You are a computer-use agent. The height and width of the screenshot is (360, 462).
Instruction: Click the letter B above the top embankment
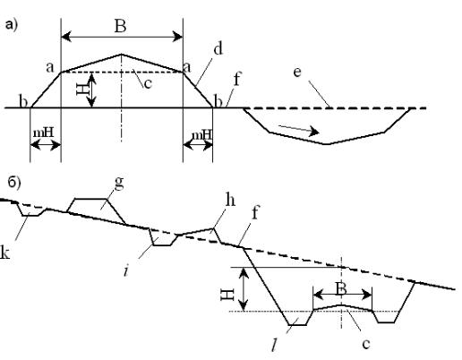click(120, 26)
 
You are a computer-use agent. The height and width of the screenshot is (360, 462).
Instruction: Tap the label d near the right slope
click(218, 48)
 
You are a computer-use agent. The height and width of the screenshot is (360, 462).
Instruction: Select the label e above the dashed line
click(297, 73)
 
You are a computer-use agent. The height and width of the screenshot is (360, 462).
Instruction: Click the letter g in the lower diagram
click(119, 183)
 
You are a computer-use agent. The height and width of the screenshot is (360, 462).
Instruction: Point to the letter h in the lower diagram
click(230, 200)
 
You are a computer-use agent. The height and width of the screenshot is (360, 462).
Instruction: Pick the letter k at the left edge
click(4, 253)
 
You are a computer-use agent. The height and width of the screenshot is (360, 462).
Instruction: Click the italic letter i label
click(126, 270)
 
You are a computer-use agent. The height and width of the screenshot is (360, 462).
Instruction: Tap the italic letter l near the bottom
click(274, 346)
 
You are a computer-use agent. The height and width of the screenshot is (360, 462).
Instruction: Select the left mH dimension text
click(43, 133)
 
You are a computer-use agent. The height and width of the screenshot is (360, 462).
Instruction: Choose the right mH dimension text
click(201, 134)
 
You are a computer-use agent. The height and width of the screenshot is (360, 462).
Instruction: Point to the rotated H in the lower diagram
click(227, 295)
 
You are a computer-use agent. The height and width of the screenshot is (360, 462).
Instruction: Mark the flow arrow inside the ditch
click(299, 130)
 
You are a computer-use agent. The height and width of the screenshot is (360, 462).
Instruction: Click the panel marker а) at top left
click(12, 24)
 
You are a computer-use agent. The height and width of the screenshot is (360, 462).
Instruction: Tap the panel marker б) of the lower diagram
click(14, 183)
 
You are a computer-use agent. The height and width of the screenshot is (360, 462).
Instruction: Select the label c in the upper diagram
click(148, 83)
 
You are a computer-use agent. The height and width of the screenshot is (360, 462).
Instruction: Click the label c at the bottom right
click(366, 344)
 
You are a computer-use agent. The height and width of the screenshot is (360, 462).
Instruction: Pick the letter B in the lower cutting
click(341, 288)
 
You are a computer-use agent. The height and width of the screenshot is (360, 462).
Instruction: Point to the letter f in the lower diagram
click(254, 212)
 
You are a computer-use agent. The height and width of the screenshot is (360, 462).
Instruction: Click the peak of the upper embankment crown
click(121, 54)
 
